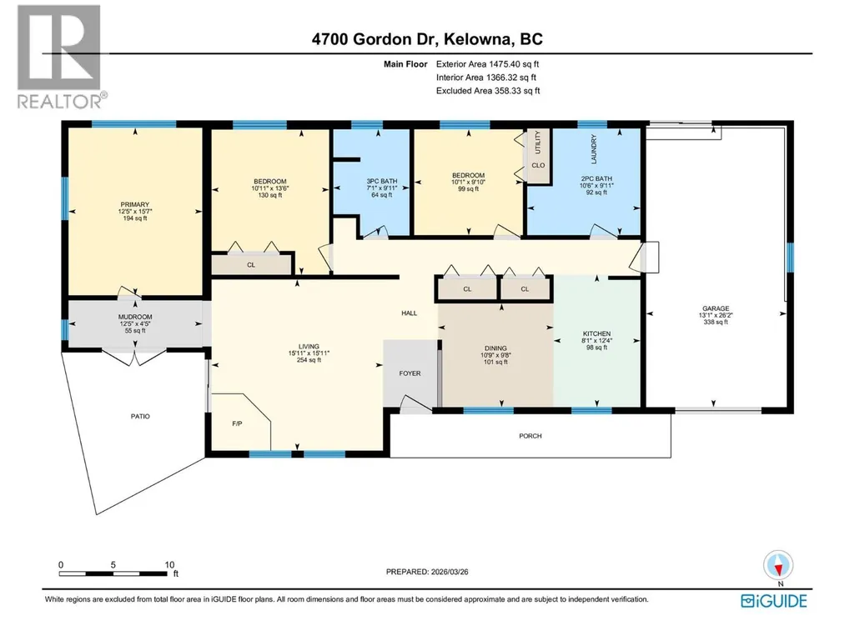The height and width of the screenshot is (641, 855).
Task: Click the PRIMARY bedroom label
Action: point(134,205)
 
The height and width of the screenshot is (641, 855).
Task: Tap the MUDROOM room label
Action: point(135,317)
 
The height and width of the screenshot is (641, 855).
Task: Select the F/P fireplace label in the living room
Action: point(237,423)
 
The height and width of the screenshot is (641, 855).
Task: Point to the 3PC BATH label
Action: point(382,181)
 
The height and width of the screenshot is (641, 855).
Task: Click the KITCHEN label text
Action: point(596,333)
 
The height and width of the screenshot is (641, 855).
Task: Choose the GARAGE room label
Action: point(716,308)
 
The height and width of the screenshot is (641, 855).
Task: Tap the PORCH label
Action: point(531,436)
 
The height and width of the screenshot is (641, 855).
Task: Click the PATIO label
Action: point(140,417)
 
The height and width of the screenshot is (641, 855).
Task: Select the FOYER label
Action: point(410,373)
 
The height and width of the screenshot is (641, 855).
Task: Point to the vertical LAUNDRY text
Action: point(594,149)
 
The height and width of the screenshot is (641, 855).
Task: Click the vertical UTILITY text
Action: point(538,142)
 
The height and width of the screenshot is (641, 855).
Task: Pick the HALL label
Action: point(410,313)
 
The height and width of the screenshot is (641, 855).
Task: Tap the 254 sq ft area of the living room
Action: point(309,360)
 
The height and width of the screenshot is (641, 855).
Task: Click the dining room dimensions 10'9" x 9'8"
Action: point(495,355)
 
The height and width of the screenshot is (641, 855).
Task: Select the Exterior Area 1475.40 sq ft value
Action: point(487,64)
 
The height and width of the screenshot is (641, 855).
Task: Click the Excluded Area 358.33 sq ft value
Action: point(488,91)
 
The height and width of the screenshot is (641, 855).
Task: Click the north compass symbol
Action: point(778,565)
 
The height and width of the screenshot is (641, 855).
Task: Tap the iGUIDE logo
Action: point(774,601)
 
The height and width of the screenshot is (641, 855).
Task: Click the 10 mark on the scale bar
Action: point(169,565)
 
